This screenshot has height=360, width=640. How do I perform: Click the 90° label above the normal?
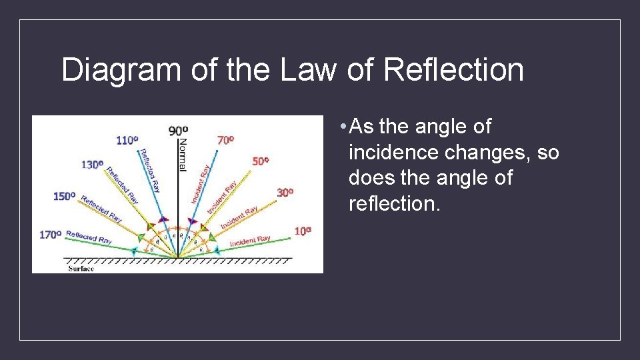tap(178, 131)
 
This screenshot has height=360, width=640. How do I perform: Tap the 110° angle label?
tap(127, 140)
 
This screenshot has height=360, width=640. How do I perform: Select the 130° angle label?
tap(92, 165)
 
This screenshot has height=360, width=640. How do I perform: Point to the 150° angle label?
tap(65, 196)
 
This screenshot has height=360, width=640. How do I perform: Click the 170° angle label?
tap(51, 234)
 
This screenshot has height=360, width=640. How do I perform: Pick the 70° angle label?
tap(225, 140)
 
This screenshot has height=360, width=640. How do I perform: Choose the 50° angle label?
tap(261, 161)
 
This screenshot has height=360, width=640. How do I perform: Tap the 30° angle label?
tap(285, 192)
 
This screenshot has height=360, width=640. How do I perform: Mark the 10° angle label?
tap(303, 231)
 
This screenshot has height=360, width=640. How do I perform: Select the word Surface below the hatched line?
tap(81, 269)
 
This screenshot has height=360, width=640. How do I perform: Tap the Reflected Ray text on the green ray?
tap(89, 237)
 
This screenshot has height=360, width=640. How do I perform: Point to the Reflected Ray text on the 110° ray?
tap(149, 170)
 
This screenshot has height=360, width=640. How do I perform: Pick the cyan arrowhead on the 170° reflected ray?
tap(135, 251)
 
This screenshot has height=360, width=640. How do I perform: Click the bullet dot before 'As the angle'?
tap(341, 126)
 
